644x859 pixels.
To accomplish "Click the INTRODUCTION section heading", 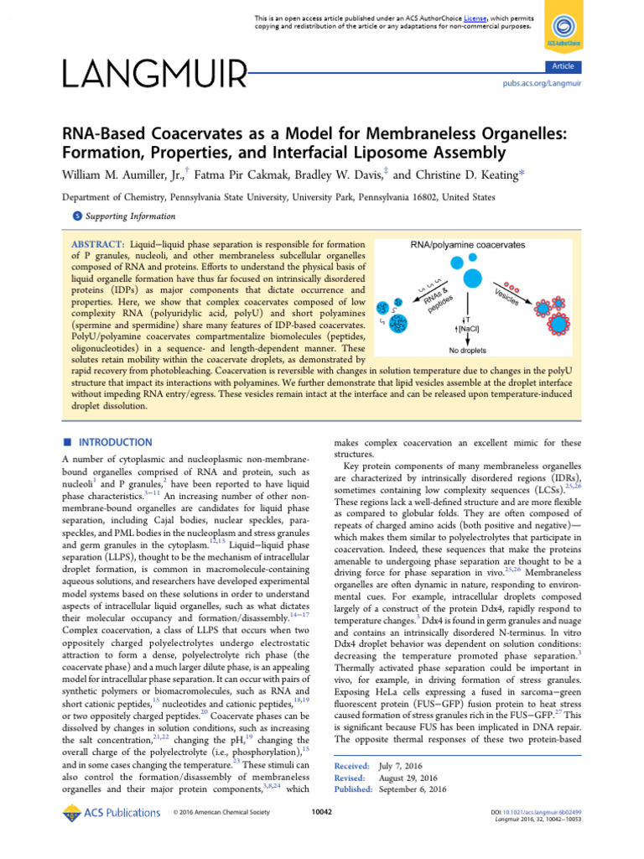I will click(117, 442).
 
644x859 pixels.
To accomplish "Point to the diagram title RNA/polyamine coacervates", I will click(467, 245).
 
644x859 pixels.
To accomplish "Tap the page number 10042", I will click(322, 812).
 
